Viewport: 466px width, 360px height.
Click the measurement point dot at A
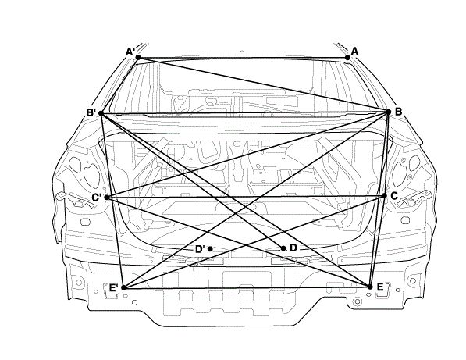pos(347,57)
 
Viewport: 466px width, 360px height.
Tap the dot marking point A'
pos(138,57)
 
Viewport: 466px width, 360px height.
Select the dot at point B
pos(388,112)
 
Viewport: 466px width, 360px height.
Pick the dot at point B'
pos(101,113)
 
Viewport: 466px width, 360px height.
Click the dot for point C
pos(384,196)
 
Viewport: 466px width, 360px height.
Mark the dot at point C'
pos(108,198)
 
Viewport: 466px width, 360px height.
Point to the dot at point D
pos(283,248)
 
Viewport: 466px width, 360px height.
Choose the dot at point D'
pos(210,249)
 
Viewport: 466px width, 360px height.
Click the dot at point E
pos(370,287)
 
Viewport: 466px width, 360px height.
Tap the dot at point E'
pos(124,287)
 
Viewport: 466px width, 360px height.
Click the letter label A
pos(354,52)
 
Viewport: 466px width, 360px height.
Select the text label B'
pos(91,112)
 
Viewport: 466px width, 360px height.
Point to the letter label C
pos(394,196)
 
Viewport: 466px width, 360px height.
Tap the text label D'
pos(200,249)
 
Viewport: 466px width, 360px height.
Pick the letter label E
pos(380,287)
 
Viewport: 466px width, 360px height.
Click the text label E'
pos(113,287)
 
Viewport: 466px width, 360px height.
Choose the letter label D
pos(293,248)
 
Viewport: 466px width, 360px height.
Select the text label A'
pos(130,52)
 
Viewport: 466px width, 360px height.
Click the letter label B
pos(398,112)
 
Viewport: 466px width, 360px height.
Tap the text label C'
pos(97,198)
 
